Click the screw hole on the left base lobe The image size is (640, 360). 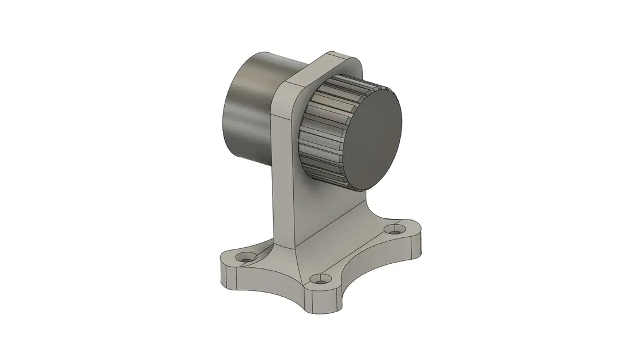coord(247,259)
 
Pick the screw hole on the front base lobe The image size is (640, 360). coord(318,281)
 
